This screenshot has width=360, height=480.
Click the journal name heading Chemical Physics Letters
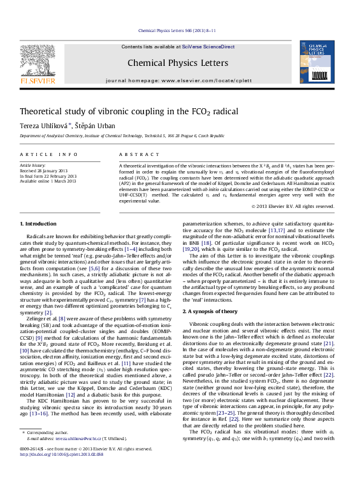pos(178,63)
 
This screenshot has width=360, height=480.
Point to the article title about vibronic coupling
pos(120,112)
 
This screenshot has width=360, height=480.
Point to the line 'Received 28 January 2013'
pos(44,170)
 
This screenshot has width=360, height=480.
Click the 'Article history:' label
pos(33,164)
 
